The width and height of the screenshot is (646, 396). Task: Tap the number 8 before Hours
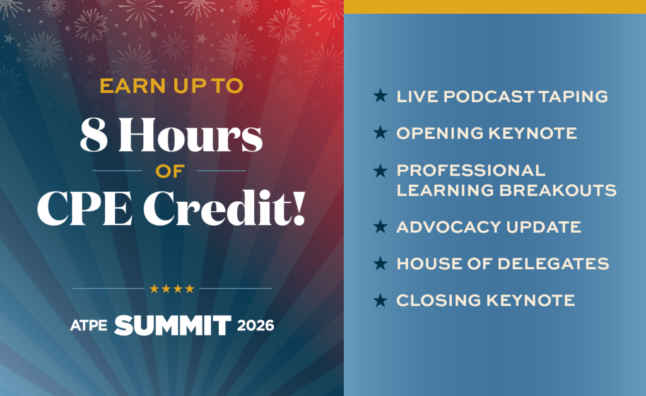[x=94, y=134]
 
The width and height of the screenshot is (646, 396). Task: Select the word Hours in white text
[x=191, y=134]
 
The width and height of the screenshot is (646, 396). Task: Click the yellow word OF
[x=170, y=172]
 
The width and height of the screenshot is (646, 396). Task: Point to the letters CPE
[x=85, y=208]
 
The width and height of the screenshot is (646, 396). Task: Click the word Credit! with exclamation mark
[x=224, y=208]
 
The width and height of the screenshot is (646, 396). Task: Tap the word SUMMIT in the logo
[x=173, y=325]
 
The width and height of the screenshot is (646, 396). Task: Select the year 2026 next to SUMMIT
[x=255, y=325]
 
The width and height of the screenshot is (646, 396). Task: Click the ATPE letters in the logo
[x=88, y=325]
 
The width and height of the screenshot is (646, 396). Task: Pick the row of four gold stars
[x=172, y=289]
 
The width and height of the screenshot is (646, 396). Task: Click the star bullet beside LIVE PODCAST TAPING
[x=380, y=95]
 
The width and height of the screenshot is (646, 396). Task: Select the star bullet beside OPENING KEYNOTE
[x=380, y=132]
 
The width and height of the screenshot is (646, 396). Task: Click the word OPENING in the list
[x=440, y=134]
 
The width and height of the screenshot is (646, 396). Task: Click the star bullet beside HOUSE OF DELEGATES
[x=380, y=263]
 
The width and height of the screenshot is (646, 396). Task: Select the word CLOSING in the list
[x=438, y=301]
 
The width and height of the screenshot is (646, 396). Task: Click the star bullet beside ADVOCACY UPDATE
[x=380, y=226]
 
